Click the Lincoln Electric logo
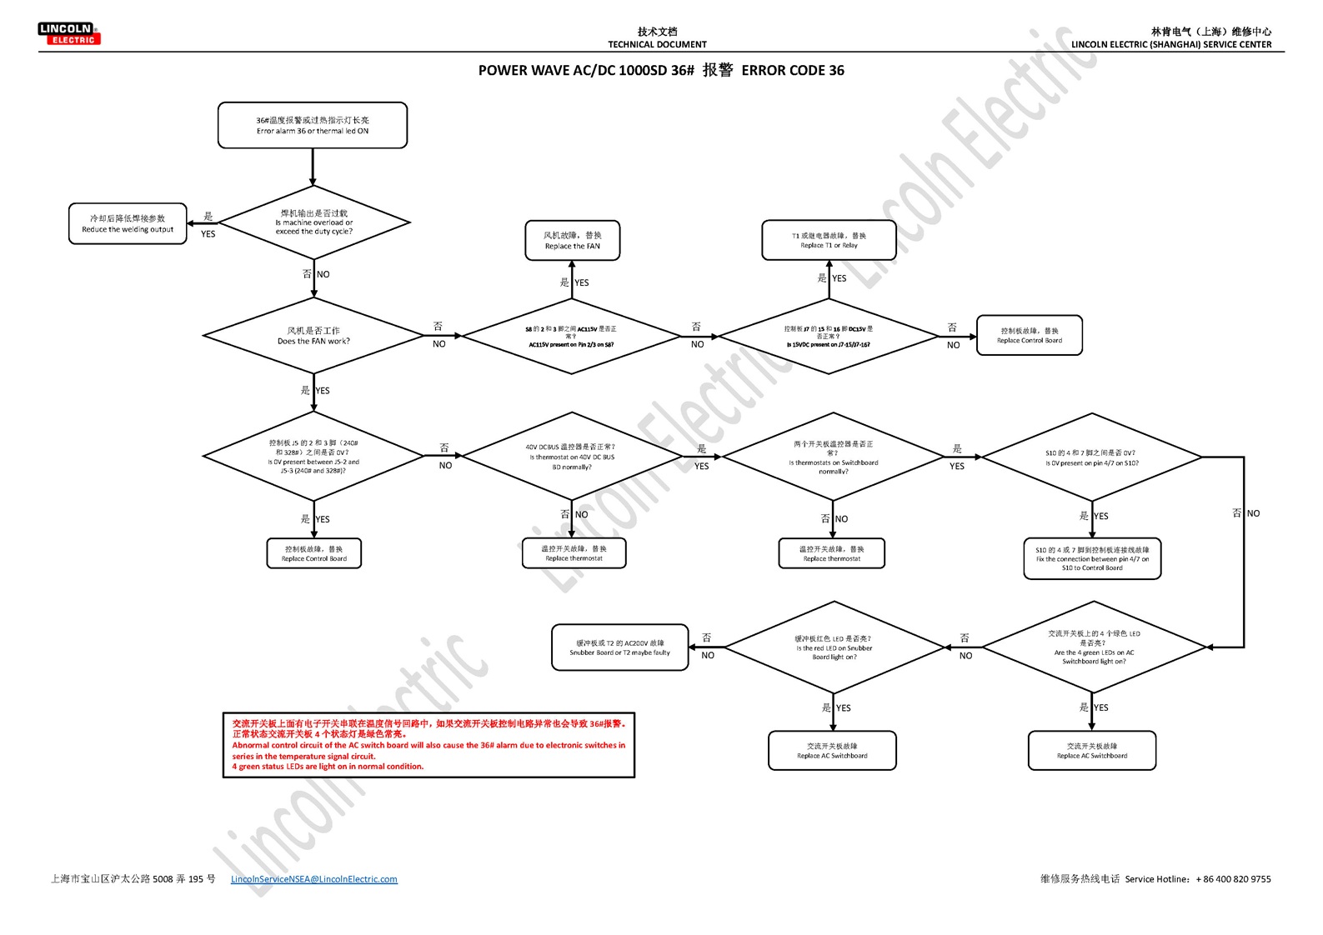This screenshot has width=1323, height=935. tap(69, 33)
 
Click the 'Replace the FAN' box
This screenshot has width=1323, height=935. tap(572, 241)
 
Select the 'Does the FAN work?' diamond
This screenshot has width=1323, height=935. tap(313, 336)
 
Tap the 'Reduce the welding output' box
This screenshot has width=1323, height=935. tap(128, 224)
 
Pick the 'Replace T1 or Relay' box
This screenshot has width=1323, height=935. tap(829, 241)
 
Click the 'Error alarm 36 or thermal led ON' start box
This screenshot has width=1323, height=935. tap(313, 126)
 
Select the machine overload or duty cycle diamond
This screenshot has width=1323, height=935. tap(313, 222)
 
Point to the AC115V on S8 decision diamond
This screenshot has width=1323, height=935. tap(571, 337)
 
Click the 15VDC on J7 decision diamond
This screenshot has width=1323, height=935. tap(829, 337)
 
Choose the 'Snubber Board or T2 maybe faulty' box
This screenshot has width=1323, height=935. tap(619, 647)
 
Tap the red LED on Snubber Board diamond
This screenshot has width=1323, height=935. tap(834, 647)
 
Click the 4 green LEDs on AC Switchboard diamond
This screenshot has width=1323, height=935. tap(1093, 647)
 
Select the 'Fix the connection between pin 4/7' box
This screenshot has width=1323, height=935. tap(1092, 558)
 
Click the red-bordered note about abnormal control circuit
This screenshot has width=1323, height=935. tap(428, 745)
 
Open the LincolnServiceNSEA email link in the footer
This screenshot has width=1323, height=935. tap(314, 879)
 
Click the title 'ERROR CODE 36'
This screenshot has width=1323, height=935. tap(792, 71)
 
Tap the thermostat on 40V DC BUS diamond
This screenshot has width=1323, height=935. tap(572, 457)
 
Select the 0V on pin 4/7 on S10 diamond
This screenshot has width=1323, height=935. tap(1091, 457)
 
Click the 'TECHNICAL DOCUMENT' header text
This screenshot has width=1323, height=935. tap(657, 45)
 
